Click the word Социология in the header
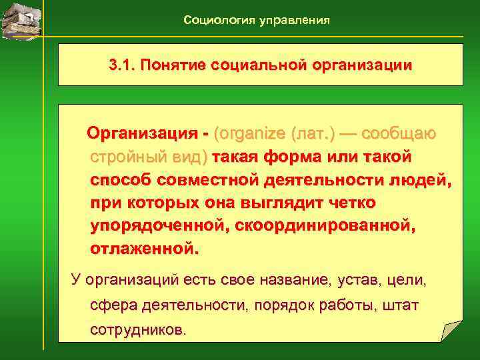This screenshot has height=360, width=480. coord(215,21)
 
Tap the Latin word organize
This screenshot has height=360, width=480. coord(250,134)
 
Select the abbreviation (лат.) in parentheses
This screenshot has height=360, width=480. coord(313,134)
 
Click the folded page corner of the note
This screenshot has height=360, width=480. coord(451,331)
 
